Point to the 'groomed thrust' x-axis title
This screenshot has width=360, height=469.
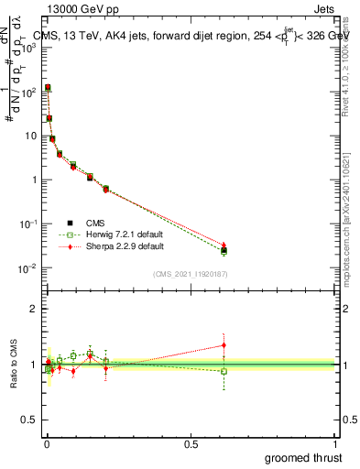point(304,457)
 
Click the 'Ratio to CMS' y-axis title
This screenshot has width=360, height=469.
point(15,365)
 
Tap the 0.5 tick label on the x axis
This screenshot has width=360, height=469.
point(191,442)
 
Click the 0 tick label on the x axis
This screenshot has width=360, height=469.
point(46,442)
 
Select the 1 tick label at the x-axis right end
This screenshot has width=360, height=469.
point(336,442)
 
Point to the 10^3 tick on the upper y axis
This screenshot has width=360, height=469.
point(29,48)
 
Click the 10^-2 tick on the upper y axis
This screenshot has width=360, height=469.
point(29,267)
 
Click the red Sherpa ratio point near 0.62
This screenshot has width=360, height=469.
point(224,345)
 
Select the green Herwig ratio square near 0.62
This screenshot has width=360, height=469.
point(224,371)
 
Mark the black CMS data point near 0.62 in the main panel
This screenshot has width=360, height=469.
point(224,250)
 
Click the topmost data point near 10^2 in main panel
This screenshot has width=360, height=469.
point(48,87)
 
